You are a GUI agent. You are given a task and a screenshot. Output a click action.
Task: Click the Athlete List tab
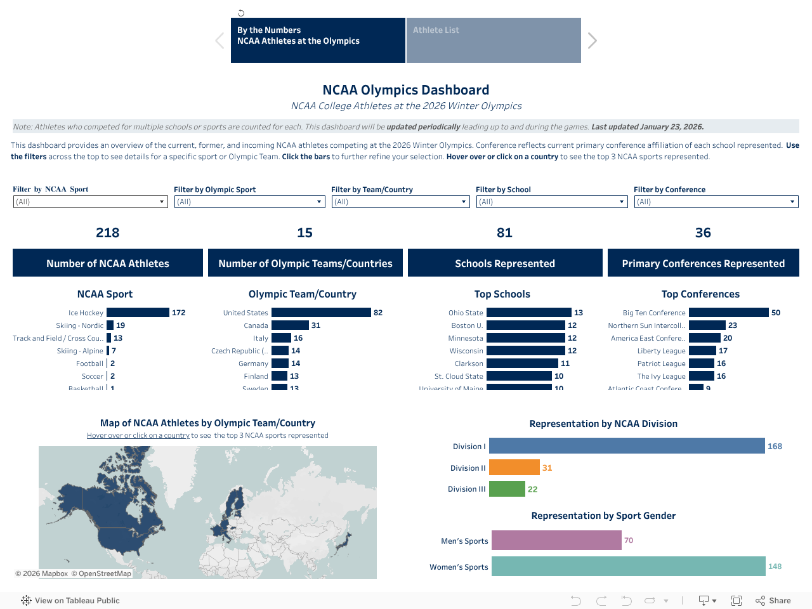pos(493,40)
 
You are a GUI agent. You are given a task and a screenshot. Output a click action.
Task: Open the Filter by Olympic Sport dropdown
pos(250,202)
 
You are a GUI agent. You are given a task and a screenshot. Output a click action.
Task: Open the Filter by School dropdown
pos(551,202)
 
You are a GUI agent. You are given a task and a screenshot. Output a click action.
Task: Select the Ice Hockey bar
pos(138,313)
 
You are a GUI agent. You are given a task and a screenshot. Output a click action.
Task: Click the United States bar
pos(321,313)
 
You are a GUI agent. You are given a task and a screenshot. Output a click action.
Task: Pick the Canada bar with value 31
pos(290,325)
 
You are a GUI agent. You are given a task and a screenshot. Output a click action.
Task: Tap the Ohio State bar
pos(528,313)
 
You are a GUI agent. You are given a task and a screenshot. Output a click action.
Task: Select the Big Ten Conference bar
pos(728,313)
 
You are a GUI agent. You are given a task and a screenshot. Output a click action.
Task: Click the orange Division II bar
pos(514,468)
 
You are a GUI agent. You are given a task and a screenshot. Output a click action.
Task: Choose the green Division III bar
pos(507,489)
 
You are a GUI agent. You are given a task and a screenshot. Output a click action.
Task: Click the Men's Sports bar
pos(556,540)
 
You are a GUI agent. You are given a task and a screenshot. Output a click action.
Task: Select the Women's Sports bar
pos(628,566)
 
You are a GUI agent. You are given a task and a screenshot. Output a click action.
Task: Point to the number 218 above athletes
pos(108,233)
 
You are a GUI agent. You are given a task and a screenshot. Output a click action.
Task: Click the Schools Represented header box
pos(505,263)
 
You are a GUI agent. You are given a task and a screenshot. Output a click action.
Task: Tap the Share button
pos(773,601)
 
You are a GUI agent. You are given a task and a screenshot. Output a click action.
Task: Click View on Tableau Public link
pos(71,601)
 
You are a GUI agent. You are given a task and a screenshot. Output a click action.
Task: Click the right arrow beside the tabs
pos(592,41)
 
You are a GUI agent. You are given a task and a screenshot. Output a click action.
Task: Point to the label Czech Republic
pos(239,351)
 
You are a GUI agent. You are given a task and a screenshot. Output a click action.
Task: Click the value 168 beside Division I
pos(775,447)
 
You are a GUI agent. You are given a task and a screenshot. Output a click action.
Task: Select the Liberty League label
pos(661,351)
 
